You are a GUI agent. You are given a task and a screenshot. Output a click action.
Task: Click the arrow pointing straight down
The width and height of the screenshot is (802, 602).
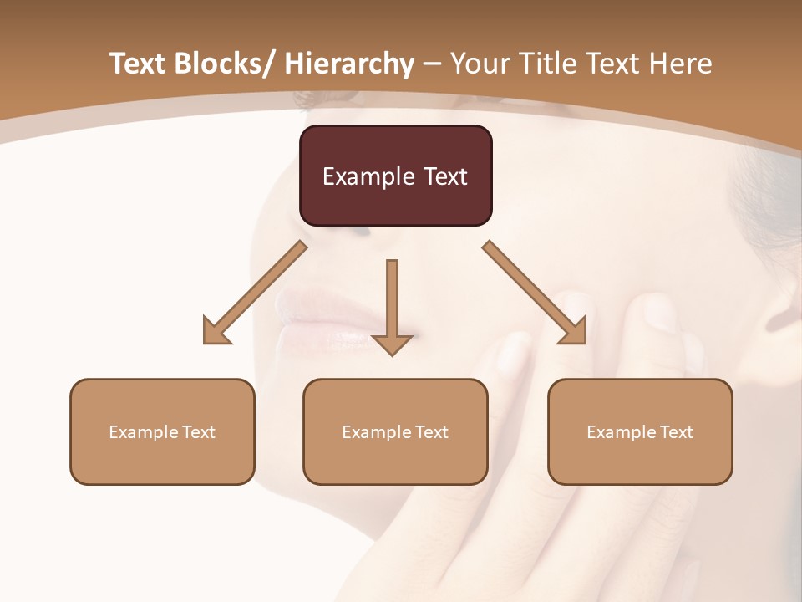[392, 305]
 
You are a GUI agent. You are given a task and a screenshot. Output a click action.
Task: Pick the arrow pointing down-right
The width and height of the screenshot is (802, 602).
[535, 293]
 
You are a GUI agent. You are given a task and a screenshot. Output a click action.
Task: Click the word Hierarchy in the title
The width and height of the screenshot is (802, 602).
[349, 64]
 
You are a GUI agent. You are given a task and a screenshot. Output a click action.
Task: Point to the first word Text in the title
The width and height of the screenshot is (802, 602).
[138, 64]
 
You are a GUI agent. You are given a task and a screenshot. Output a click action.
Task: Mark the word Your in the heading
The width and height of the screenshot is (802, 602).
[479, 64]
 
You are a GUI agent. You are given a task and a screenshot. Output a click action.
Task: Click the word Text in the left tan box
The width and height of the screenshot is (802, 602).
[199, 432]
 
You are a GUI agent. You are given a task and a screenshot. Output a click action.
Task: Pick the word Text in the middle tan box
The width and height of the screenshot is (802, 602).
[432, 432]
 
